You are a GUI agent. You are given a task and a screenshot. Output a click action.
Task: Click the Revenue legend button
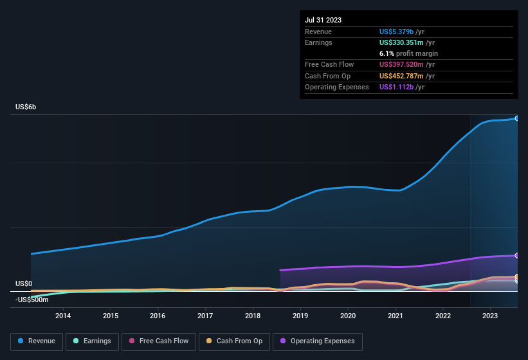pos(36,341)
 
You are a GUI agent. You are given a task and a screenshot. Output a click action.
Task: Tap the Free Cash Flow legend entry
pos(159,341)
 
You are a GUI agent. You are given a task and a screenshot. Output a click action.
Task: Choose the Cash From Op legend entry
pos(233,341)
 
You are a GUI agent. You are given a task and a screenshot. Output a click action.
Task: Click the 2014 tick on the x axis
pos(63,315)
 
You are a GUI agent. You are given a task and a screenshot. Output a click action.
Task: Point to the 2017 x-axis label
pos(205,315)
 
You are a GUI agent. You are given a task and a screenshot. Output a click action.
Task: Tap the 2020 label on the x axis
pos(348,315)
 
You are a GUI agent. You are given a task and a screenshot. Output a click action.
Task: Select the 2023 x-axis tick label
pos(490,315)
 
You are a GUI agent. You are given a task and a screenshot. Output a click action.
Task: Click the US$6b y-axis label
pos(26,107)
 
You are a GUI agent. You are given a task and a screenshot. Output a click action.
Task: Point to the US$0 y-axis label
pos(24,283)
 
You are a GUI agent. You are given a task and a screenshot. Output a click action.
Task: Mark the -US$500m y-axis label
pos(32,300)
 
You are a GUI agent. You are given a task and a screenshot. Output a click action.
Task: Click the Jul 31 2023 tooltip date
pos(323,20)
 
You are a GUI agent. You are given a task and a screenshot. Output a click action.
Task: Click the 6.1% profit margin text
pos(408,53)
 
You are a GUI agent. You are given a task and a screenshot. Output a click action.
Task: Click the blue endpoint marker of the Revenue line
pos(516,118)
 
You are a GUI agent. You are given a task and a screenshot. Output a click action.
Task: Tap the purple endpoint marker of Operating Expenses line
pos(516,256)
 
